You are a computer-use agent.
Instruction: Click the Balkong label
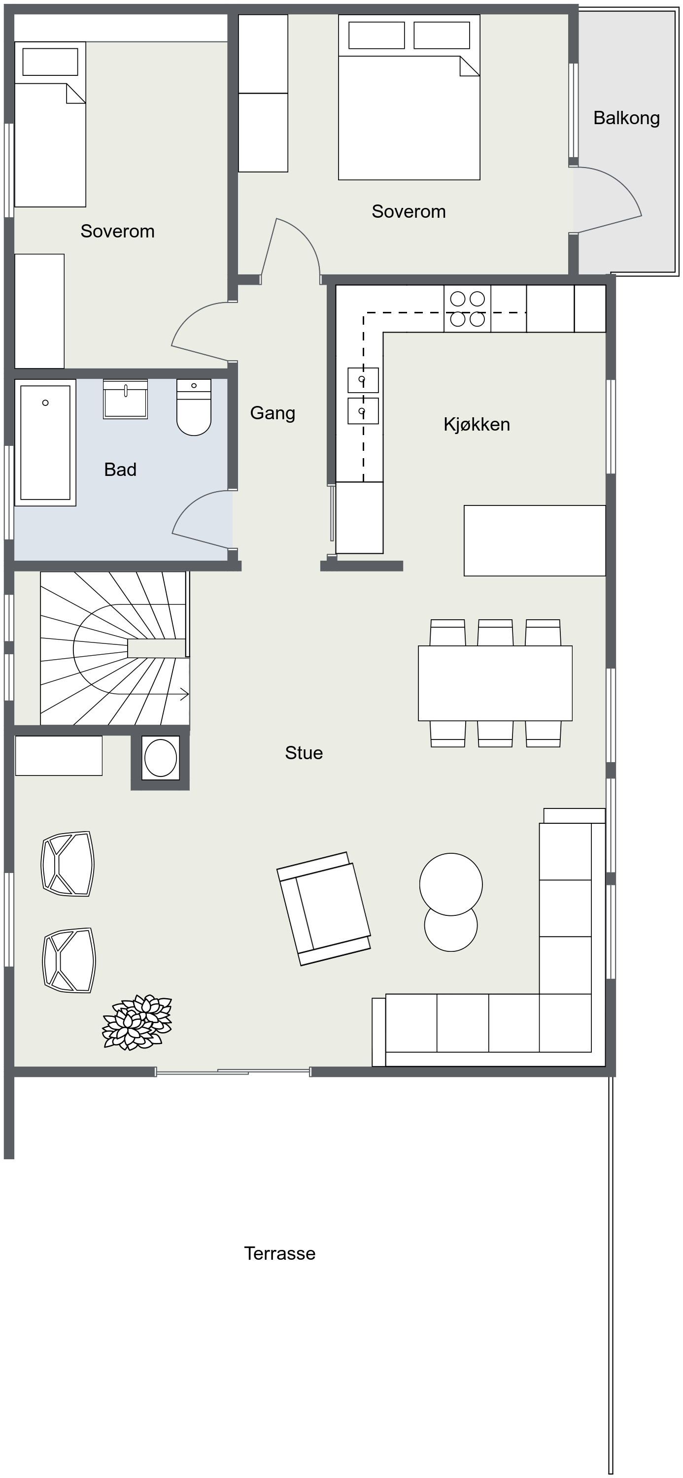(626, 118)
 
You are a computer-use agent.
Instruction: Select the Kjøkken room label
(477, 425)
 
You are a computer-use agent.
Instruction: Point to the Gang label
(273, 413)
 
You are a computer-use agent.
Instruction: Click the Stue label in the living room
(304, 753)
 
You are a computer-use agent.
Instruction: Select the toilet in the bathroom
(194, 407)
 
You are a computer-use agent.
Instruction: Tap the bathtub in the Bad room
(45, 442)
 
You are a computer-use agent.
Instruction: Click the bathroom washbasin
(126, 399)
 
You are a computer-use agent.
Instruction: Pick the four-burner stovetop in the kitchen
(467, 309)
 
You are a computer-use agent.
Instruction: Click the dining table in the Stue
(495, 683)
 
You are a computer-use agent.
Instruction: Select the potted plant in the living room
(137, 1022)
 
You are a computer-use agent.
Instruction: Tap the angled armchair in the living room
(324, 909)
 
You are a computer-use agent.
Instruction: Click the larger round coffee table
(451, 884)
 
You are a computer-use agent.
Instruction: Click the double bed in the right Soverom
(409, 97)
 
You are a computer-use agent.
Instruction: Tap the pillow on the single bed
(50, 62)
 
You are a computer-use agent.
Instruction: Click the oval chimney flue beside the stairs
(161, 758)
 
